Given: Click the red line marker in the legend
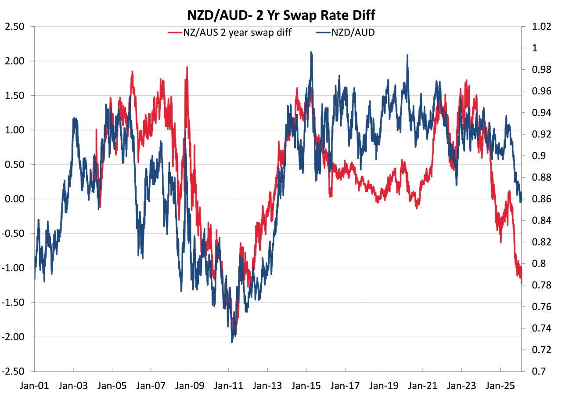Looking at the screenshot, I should [175, 32].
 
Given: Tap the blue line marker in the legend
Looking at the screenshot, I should [323, 32].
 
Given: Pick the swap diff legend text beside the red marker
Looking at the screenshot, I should [237, 32].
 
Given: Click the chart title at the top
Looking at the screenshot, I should [281, 15].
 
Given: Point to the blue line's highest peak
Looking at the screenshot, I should [311, 52].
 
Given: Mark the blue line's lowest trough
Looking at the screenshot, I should [232, 341].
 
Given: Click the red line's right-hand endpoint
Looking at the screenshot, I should [522, 284].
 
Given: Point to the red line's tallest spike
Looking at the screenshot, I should [187, 67].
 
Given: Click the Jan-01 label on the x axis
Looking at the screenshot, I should [34, 386].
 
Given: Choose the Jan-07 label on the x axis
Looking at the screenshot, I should [151, 386].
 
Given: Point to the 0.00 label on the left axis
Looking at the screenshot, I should [14, 199].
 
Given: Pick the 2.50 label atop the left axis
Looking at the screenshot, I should [14, 27].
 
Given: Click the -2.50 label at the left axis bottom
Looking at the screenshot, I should [12, 371].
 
